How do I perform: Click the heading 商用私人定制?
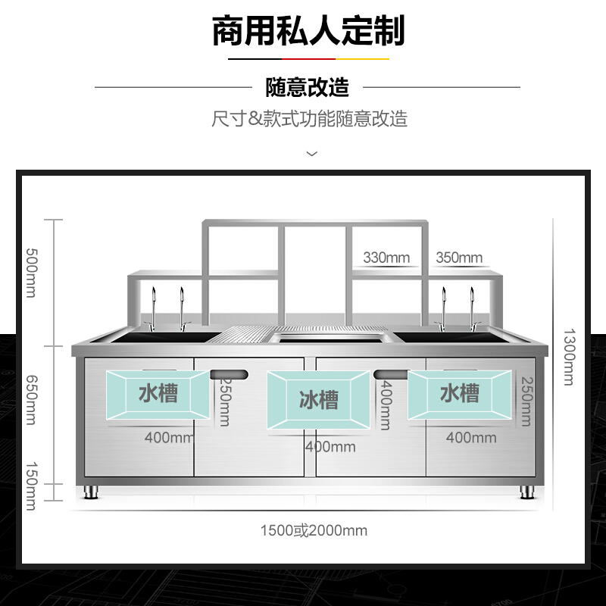coord(308,31)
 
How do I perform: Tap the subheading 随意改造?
coord(308,87)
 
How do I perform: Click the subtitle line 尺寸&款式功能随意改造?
coord(309,119)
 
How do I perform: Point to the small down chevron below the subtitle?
coord(311,154)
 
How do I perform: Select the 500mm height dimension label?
coord(30,273)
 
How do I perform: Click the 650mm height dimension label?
coord(30,400)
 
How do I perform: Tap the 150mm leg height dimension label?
coord(30,486)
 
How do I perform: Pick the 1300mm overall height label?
coord(569,356)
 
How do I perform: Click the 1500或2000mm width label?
coord(314,530)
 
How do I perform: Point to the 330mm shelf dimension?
coord(386,258)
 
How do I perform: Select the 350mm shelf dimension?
coord(459,258)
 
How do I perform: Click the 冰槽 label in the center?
coord(319,400)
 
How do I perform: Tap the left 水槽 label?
coord(158,393)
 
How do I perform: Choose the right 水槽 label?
coord(460,393)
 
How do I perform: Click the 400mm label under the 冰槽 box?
coord(330,447)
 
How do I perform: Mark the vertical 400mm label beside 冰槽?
coord(386,406)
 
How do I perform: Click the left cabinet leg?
coord(92,491)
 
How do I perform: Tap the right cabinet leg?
coord(528,491)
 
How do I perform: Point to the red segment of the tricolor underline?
coord(308,58)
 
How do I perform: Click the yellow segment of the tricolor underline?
coord(362,58)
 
